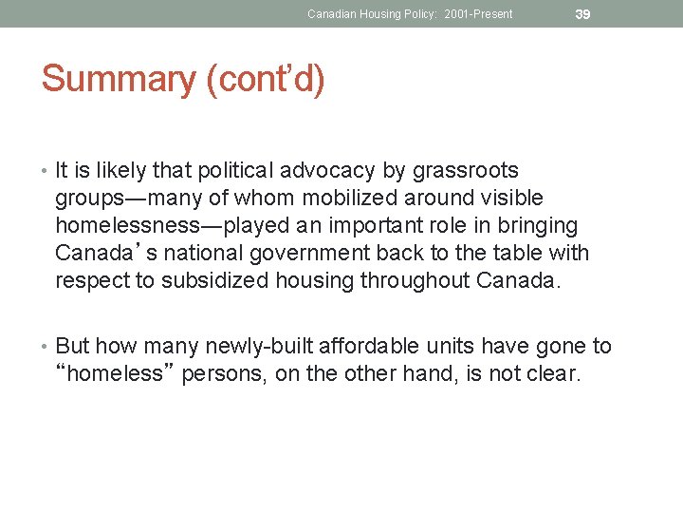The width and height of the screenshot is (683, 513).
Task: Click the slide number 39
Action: pyautogui.click(x=582, y=14)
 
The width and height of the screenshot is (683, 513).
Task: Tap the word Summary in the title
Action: pyautogui.click(x=118, y=79)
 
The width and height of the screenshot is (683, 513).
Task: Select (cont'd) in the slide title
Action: pyautogui.click(x=266, y=79)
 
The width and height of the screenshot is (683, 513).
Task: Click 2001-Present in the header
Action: pyautogui.click(x=478, y=14)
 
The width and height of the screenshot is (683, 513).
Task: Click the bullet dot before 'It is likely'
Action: pyautogui.click(x=46, y=172)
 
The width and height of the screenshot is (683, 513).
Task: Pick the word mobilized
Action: pyautogui.click(x=351, y=199)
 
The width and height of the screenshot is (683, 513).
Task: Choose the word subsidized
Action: pyautogui.click(x=215, y=281)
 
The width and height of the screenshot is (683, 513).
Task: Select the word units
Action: pyautogui.click(x=446, y=347)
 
